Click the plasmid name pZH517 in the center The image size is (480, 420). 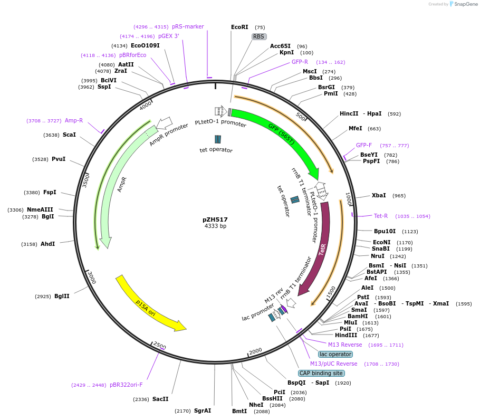(215, 219)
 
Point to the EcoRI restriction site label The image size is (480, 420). (239, 27)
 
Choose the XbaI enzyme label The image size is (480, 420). (379, 195)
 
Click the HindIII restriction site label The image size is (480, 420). (346, 335)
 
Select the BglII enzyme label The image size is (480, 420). (62, 296)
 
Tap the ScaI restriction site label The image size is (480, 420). (69, 135)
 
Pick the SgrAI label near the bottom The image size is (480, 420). (203, 410)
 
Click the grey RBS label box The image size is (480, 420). (258, 36)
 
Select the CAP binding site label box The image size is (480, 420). (321, 373)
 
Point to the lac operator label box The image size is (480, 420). (335, 354)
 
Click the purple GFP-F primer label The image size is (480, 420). (364, 145)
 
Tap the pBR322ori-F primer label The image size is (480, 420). (126, 385)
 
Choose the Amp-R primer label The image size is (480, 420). (74, 120)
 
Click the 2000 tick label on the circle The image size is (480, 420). (256, 351)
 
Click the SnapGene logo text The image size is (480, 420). (466, 4)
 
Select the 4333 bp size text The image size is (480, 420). (215, 226)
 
